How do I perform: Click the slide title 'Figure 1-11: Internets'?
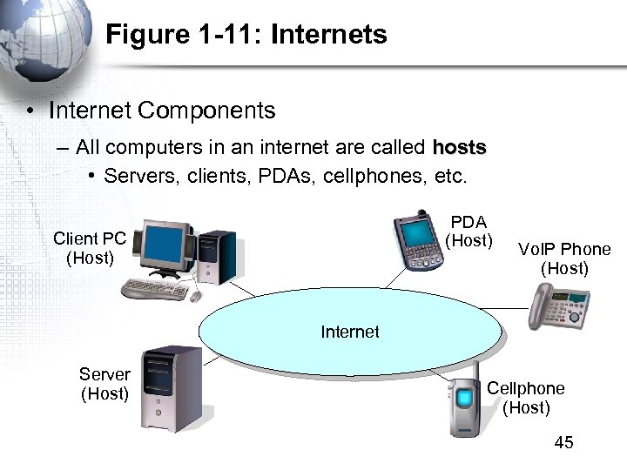[246, 35]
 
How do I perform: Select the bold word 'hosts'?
[459, 149]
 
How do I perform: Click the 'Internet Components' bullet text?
[162, 111]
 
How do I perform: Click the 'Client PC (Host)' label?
[90, 247]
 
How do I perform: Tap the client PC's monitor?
[166, 247]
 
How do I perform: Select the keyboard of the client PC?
[154, 289]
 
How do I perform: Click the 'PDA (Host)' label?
[469, 231]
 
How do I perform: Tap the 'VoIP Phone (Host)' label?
[564, 258]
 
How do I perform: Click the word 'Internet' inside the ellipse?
[350, 332]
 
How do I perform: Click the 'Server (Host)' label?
[104, 384]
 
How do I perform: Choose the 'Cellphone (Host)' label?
[525, 398]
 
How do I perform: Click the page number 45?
[563, 443]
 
